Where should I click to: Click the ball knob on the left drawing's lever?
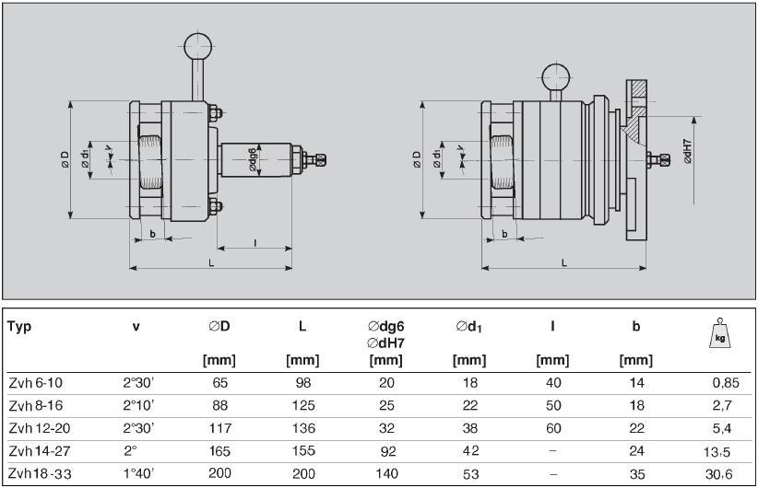[x=197, y=46]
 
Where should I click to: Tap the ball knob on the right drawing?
[x=556, y=77]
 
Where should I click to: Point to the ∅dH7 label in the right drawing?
[x=688, y=151]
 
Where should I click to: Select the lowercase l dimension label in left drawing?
[x=255, y=243]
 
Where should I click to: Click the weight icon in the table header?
[x=720, y=333]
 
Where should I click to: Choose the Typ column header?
[x=19, y=327]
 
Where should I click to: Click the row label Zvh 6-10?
[x=36, y=383]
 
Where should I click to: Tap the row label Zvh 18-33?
[x=41, y=473]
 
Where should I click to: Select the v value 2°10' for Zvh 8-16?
[x=138, y=405]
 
